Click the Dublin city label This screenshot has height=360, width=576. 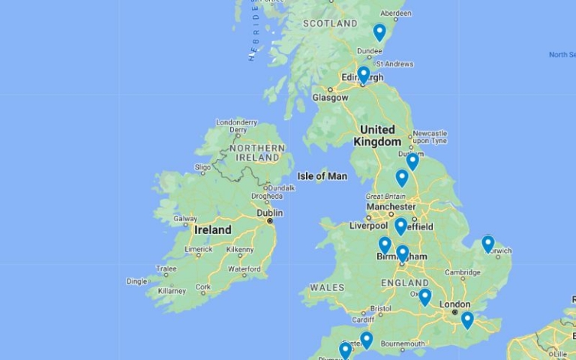tap(269, 213)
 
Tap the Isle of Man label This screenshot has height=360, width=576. tap(322, 176)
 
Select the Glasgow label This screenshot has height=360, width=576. tap(330, 97)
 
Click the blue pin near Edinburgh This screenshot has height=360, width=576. tap(364, 74)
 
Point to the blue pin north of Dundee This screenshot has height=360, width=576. tap(379, 31)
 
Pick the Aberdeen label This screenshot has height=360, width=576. tap(396, 13)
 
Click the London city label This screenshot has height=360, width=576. tap(454, 304)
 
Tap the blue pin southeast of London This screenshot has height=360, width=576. tap(467, 319)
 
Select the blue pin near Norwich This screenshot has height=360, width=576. tap(487, 243)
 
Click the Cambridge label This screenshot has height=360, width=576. tap(462, 273)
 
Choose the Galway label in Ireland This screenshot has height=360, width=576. tap(185, 219)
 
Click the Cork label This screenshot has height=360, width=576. tap(202, 287)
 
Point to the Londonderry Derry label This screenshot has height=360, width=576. tap(236, 126)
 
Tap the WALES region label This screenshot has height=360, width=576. tap(327, 287)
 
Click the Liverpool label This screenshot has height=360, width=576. tap(368, 226)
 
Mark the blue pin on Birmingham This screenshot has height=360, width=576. tap(402, 253)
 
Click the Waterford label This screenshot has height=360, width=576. tap(244, 268)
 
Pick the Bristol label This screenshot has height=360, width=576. tap(380, 308)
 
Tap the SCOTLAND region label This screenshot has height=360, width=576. tap(330, 24)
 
